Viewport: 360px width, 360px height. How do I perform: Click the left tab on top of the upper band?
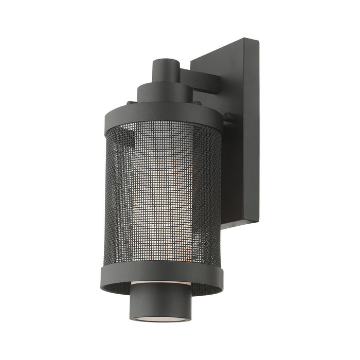[131, 102]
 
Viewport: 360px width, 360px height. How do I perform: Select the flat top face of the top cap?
[166, 62]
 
